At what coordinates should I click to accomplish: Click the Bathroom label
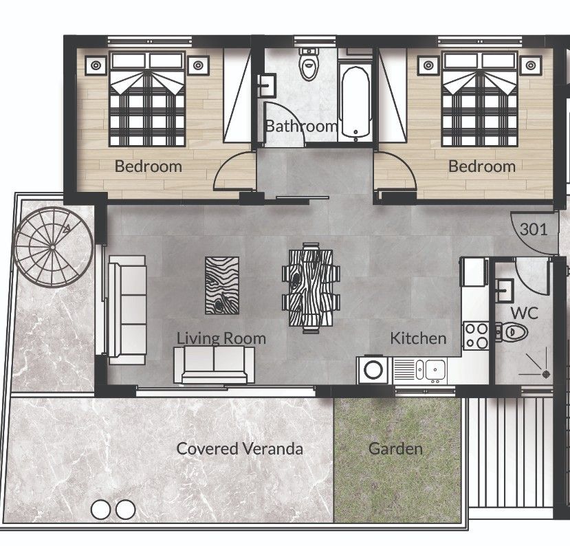pos(300,126)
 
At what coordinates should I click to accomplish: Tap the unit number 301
pos(534,229)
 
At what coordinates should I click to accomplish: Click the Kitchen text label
pos(418,338)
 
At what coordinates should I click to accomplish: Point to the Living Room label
pos(221,338)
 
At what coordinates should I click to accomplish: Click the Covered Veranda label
pos(239,449)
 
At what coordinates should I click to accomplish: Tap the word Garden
pos(395,449)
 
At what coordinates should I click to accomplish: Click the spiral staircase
pos(54,245)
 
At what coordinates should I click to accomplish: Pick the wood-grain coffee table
pos(222,285)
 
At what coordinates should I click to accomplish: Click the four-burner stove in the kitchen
pos(475,335)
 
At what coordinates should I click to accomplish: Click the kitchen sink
pos(434,371)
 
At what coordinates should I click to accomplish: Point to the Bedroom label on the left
pos(148,166)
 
